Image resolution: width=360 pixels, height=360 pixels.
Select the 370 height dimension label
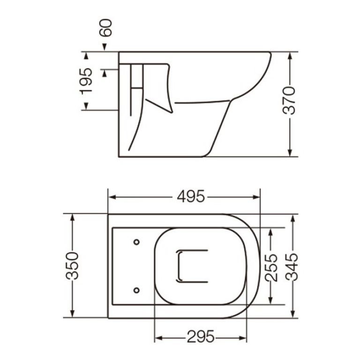point(290,101)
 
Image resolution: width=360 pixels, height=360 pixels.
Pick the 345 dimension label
point(292,266)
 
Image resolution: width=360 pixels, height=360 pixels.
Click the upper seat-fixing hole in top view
point(136,242)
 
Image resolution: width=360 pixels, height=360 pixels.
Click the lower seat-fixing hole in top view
point(136,290)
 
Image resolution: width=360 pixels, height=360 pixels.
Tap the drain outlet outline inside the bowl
point(191,266)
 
